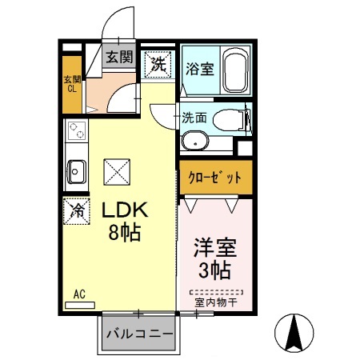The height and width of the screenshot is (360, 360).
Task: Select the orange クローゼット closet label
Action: pyautogui.click(x=214, y=178)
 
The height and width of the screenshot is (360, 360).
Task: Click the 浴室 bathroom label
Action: pyautogui.click(x=199, y=68)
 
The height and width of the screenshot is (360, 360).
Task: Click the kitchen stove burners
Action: pyautogui.click(x=76, y=131)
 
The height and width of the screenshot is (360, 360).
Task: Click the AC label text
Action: pyautogui.click(x=79, y=294)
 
